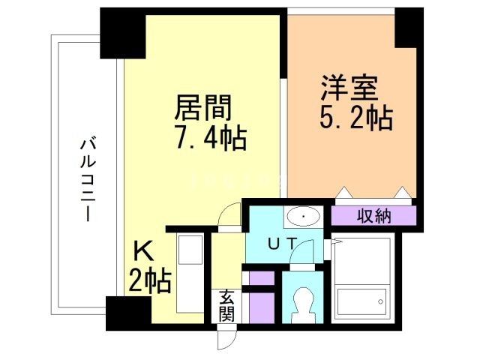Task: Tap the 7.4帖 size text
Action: point(211,139)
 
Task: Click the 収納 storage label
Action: point(373,217)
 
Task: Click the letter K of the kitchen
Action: point(143,250)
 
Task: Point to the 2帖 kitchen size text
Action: point(150,281)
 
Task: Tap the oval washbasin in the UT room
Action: point(303,217)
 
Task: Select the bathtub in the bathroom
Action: point(361,303)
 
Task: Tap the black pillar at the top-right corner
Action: point(409,28)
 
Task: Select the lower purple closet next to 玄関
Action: point(261,307)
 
